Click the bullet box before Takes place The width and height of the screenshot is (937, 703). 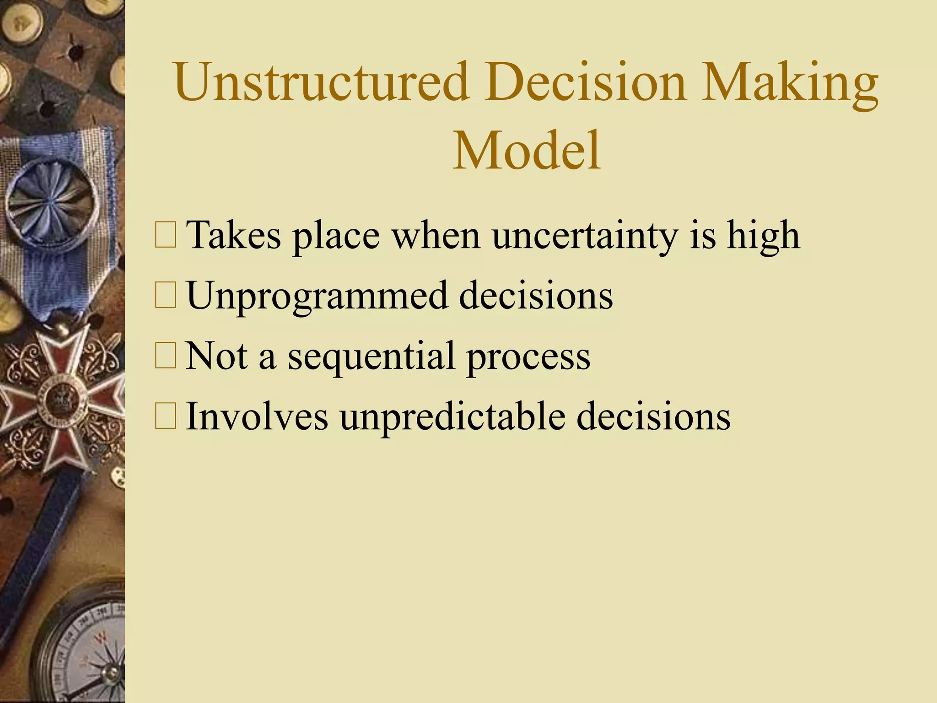coord(165,235)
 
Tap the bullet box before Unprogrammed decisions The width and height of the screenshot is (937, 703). coord(165,296)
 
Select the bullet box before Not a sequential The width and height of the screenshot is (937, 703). coord(165,356)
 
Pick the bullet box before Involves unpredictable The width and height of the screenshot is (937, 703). coord(165,416)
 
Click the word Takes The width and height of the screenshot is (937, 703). coord(233,235)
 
